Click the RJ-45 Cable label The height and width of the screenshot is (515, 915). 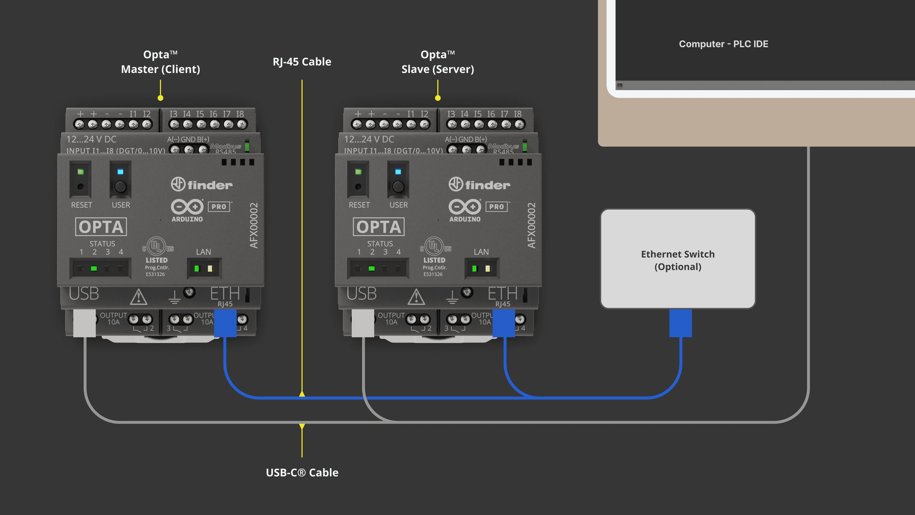pos(302,62)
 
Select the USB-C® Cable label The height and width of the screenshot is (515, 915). pos(302,472)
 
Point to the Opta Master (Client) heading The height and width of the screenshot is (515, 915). pos(161,62)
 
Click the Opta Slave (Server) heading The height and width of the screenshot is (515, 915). pos(438,62)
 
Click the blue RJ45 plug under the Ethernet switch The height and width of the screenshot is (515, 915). pos(680,323)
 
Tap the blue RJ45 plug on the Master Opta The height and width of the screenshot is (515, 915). pos(225,323)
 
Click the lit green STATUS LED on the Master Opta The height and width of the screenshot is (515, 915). pos(94,268)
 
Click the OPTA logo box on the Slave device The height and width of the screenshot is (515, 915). pos(379,227)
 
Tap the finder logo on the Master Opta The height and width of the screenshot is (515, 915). pos(202,185)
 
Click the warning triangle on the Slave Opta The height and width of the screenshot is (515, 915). pos(416,297)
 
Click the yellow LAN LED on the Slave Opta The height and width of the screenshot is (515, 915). pos(488,268)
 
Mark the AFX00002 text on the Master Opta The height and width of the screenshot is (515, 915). pos(254,225)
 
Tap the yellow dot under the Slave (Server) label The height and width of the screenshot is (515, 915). pos(438,98)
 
